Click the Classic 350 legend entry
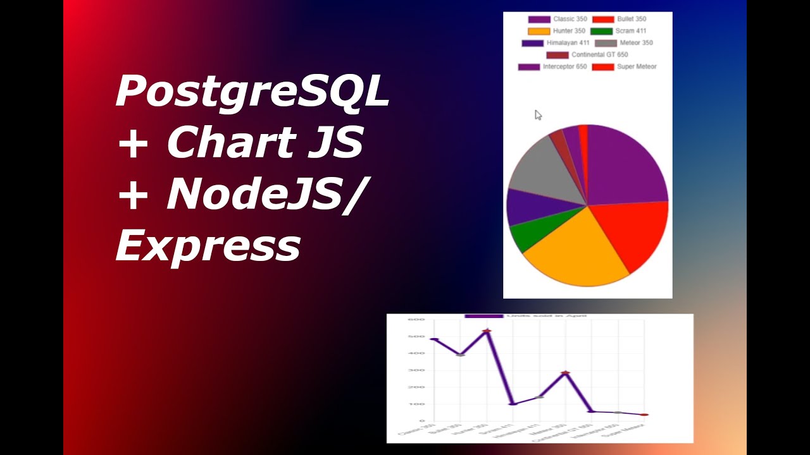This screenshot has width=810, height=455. point(557,20)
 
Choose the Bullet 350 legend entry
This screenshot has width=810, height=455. point(620,20)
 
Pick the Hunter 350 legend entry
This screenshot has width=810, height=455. point(557,31)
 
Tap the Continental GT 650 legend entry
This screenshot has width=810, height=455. point(587,55)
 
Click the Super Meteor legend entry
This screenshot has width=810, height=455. point(625,67)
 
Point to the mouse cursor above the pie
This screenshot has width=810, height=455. point(538,114)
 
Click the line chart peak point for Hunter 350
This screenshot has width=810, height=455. point(487,331)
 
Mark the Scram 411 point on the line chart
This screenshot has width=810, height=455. point(513,404)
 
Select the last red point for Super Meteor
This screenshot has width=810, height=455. point(644,415)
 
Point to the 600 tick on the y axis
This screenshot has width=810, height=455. point(416,319)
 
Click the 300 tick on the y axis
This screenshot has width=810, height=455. point(416,370)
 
